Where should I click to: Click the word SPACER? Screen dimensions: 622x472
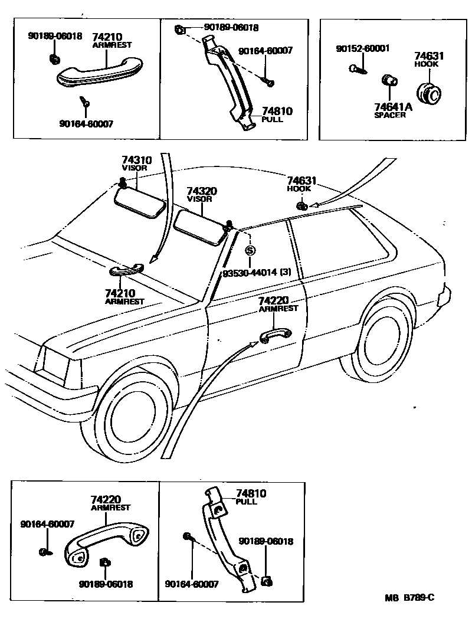(389, 115)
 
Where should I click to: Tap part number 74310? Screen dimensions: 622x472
(137, 160)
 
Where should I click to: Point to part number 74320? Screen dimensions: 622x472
(202, 191)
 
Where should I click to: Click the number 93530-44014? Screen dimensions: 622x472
(250, 272)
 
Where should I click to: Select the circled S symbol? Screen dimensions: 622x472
(250, 250)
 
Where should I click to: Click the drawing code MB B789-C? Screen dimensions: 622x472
(410, 597)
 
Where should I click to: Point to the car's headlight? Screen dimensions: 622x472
(52, 361)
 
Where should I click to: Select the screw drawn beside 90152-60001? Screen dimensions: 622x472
(358, 69)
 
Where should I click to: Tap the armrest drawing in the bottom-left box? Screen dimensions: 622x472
(106, 541)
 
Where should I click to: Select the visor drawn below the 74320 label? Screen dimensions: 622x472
(201, 227)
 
